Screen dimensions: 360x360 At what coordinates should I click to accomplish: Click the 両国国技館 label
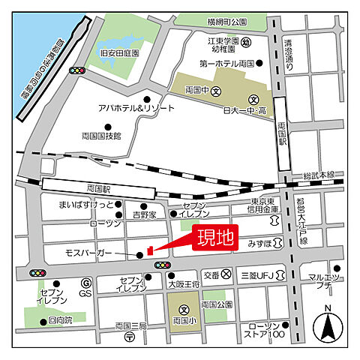coord(101,136)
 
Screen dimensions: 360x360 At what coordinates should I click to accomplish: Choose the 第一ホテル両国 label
coord(227,65)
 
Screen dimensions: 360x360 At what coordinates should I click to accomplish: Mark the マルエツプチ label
coord(325,281)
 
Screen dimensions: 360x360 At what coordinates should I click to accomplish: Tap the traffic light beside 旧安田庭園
coord(76,70)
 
